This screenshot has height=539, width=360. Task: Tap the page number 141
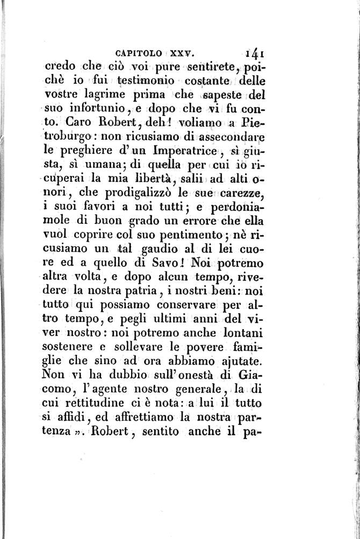point(252,53)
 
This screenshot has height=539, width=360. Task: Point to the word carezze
point(238,193)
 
